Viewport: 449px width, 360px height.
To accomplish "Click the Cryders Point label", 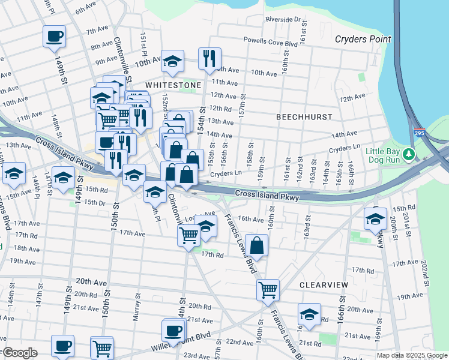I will pos(363,39).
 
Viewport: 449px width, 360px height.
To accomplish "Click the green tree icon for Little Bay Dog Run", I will pos(409,154).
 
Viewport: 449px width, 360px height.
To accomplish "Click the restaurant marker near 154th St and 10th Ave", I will pos(209,59).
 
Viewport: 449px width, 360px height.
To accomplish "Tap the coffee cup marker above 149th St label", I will pos(54,36).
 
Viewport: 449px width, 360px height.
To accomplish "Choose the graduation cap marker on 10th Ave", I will pos(172,62).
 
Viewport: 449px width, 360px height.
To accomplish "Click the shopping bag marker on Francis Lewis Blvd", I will pos(256,245).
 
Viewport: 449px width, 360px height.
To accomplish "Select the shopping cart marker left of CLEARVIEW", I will pos(268,290).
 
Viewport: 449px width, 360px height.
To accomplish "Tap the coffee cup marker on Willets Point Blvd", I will pos(173,331).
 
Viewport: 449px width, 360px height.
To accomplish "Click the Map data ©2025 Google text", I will pos(411,355).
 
